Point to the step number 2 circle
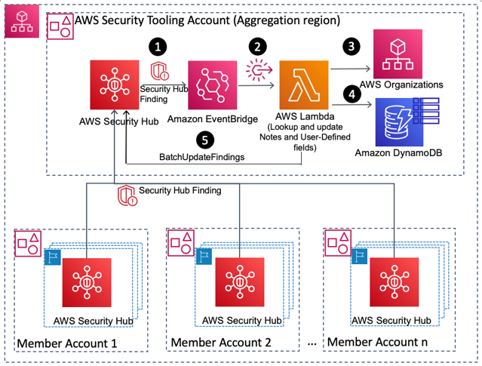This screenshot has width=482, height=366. (259, 46)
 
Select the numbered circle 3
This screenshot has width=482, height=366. (350, 46)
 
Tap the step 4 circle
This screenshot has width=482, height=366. (350, 96)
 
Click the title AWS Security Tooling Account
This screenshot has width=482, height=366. (207, 20)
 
